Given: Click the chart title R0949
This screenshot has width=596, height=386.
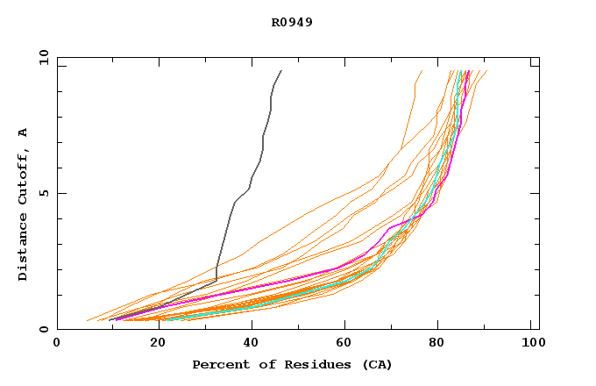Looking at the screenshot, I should (x=292, y=22).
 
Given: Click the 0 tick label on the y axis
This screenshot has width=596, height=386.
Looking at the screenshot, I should (x=44, y=329).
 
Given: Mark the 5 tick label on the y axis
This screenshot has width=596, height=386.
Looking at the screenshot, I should (x=44, y=193).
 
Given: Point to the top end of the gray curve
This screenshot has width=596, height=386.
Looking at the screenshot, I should (x=281, y=71).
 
